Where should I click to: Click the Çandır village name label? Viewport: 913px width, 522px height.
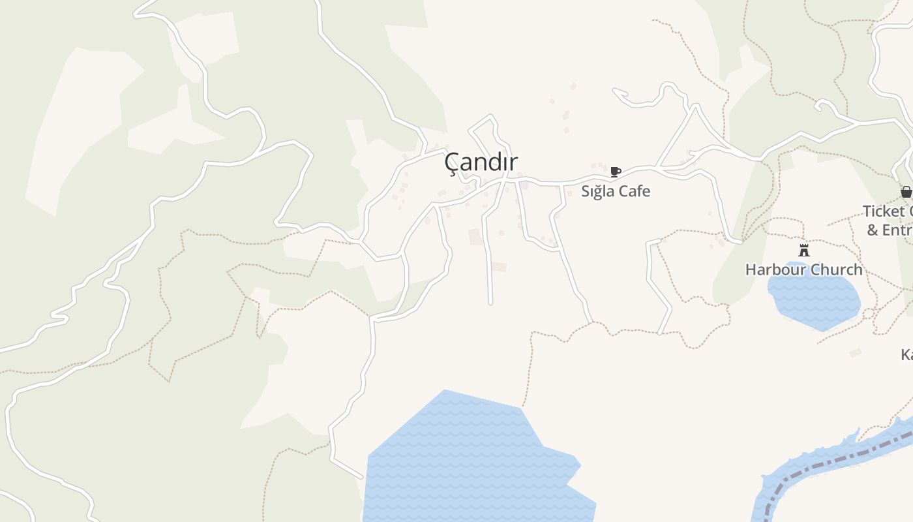481,162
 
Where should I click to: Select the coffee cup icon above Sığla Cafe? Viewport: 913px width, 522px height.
615,172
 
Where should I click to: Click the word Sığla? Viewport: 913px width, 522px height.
598,192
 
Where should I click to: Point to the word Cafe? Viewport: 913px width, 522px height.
634,191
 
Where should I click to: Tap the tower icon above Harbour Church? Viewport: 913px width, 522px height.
804,250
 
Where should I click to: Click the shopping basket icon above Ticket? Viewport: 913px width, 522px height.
906,191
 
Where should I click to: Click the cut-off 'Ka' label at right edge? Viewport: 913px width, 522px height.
906,355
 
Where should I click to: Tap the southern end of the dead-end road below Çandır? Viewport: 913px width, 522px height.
491,303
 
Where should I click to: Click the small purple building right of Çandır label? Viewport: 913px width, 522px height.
524,186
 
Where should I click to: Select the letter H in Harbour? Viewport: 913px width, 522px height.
751,269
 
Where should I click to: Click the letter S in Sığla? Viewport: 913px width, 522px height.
586,192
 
